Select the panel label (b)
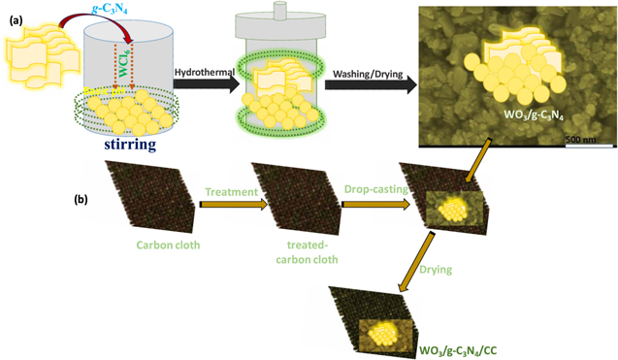85,202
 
